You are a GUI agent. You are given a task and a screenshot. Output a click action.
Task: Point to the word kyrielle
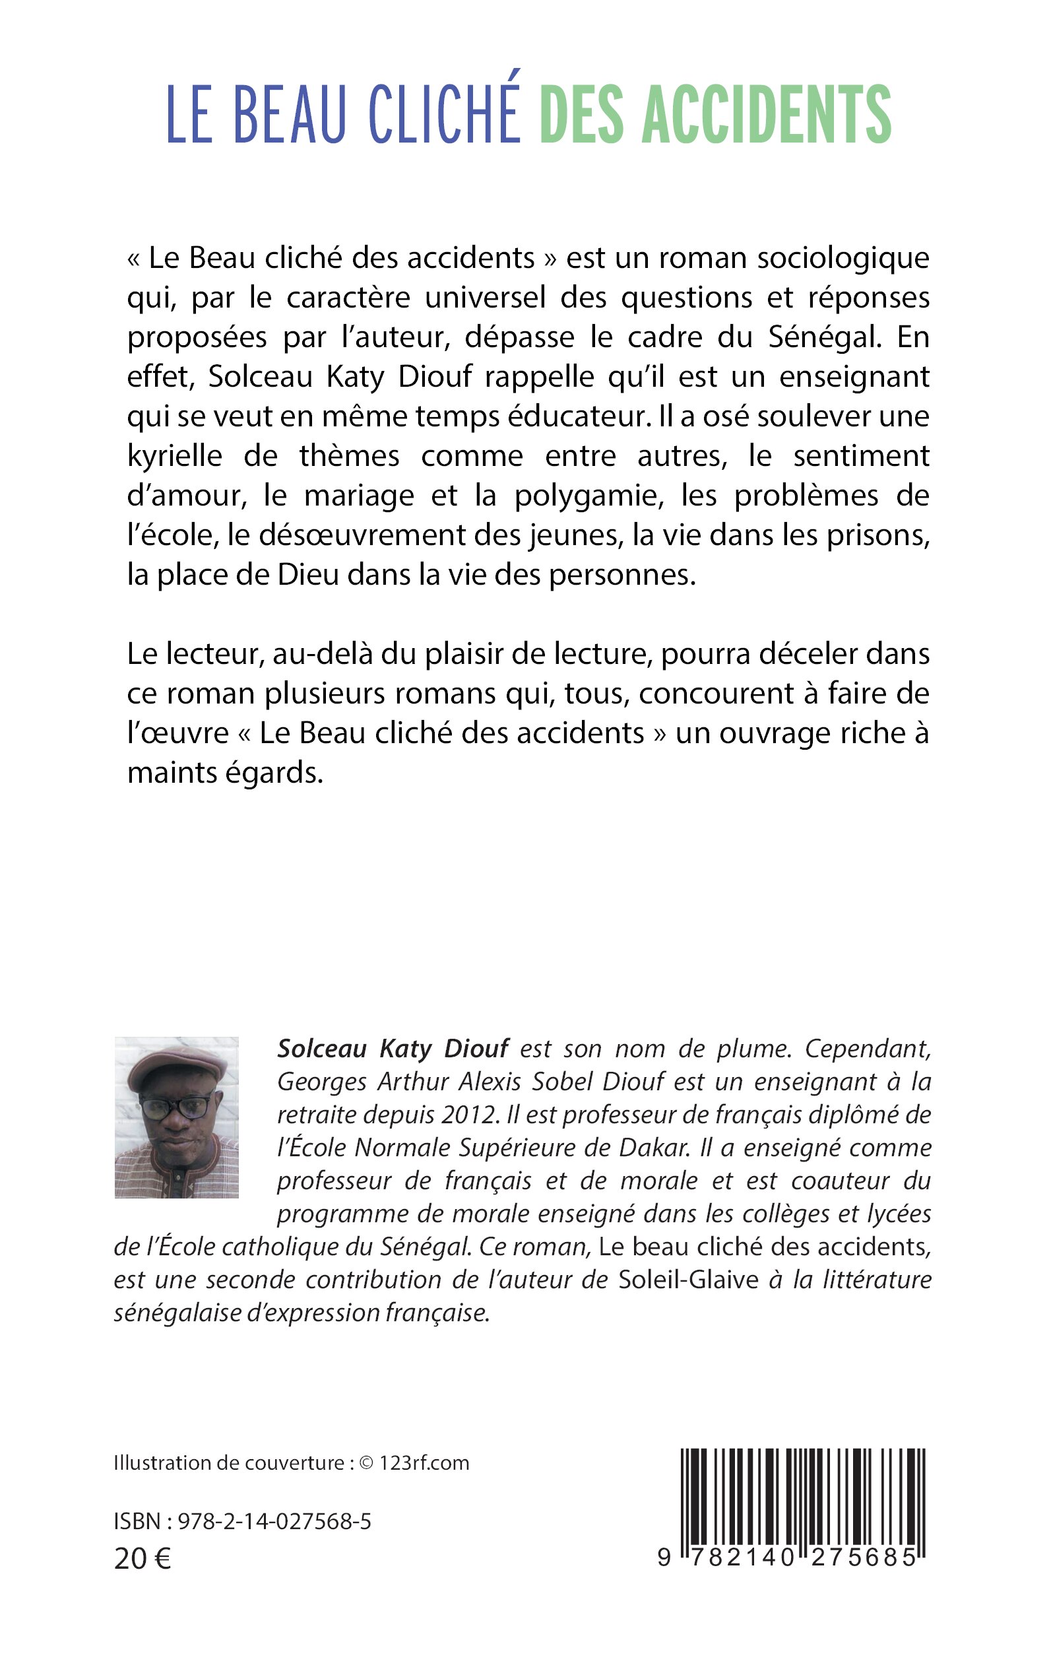click(x=174, y=457)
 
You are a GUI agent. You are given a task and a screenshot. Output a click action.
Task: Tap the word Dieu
click(x=308, y=575)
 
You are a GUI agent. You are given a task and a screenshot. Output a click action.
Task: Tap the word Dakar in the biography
click(x=653, y=1147)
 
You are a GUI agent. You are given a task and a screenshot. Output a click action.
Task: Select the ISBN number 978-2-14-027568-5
click(x=274, y=1522)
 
